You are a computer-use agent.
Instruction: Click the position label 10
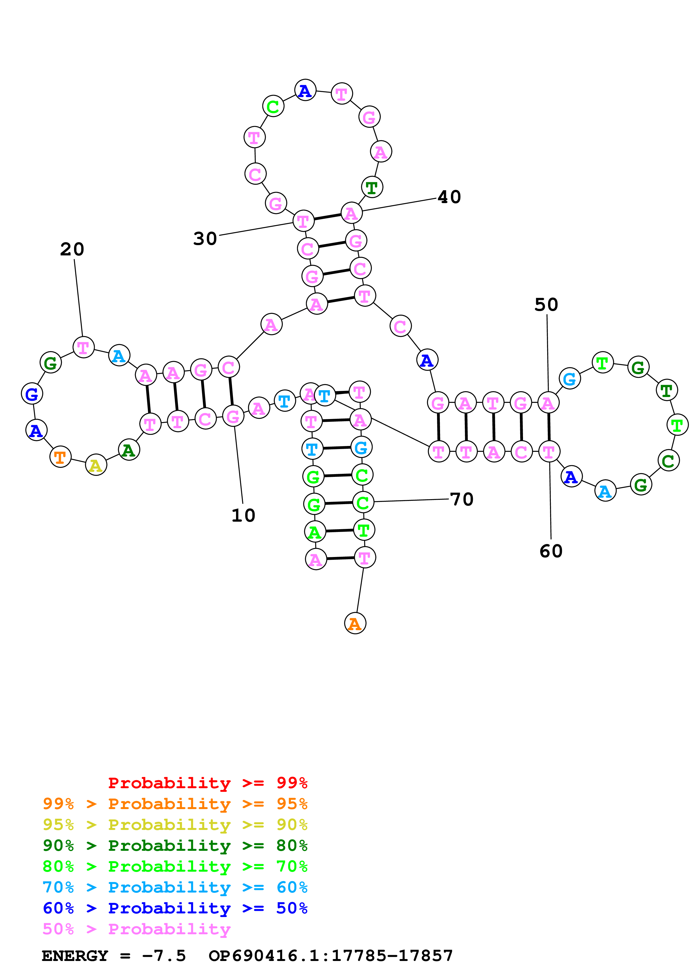243,516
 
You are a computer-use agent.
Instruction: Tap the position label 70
462,499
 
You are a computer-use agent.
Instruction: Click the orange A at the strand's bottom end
355,623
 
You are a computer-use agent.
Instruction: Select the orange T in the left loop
60,457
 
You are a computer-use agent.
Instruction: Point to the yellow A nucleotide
96,465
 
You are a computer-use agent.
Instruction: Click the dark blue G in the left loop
32,394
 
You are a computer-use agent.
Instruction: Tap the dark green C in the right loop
668,461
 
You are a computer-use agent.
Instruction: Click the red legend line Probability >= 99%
207,783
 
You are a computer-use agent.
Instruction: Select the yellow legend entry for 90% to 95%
175,824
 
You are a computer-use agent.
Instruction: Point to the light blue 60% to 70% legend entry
175,887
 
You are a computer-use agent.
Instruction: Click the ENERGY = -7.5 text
114,956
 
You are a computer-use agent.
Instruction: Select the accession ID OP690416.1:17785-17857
330,956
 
